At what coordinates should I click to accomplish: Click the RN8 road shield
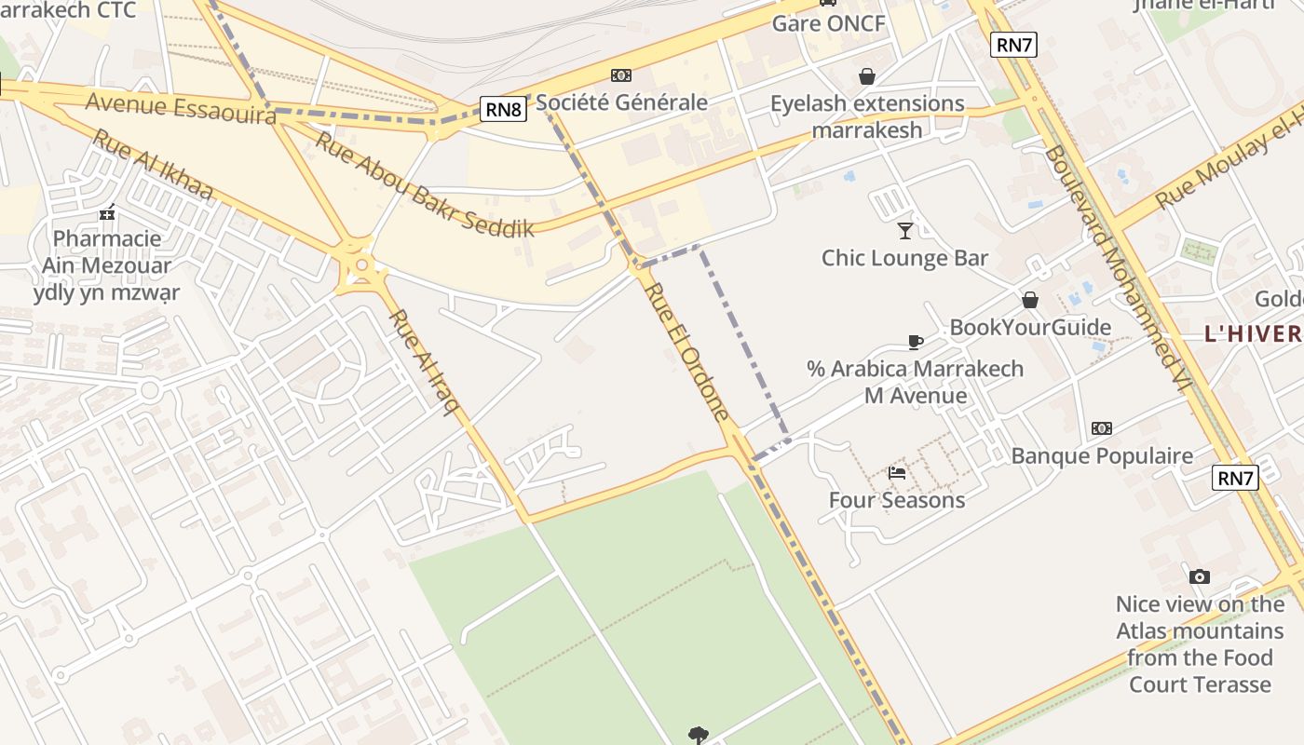pos(504,110)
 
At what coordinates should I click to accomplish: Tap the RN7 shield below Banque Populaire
pos(1235,479)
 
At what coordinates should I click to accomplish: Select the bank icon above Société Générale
pos(620,75)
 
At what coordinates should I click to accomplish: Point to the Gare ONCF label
pos(828,23)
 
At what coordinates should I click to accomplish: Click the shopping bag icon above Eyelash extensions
pos(867,76)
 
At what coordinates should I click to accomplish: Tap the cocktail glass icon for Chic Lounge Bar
pos(904,230)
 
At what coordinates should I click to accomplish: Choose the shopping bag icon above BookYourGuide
pos(1030,300)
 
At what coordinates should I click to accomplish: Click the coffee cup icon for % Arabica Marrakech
pos(915,342)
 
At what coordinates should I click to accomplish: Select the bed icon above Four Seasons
pos(897,473)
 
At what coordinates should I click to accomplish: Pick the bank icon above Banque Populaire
pos(1102,428)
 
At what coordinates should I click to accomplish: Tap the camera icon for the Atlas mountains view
pos(1200,577)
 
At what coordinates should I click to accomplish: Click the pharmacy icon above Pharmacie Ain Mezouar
pos(107,212)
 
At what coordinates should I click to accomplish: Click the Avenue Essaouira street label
pos(181,107)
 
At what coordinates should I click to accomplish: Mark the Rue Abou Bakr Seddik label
pos(424,185)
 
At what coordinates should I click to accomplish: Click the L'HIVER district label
pos(1253,334)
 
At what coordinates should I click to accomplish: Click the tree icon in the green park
pos(699,736)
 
